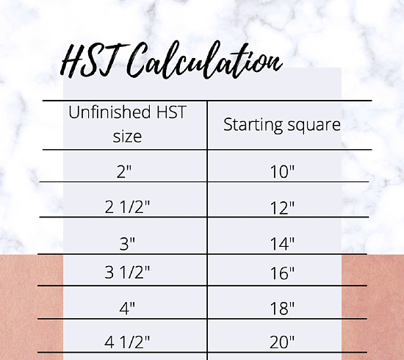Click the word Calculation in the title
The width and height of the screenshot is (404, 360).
(205, 60)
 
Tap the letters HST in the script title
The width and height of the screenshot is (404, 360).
(94, 60)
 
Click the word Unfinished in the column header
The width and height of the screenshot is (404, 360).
(109, 112)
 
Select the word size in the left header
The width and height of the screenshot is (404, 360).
(127, 137)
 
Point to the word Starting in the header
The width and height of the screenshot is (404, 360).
(253, 126)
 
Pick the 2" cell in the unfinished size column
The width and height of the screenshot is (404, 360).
(124, 172)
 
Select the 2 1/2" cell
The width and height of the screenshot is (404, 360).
(127, 206)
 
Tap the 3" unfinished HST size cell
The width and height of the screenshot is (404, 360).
(127, 243)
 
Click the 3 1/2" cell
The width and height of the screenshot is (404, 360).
(127, 272)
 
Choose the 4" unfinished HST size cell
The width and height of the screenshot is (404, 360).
(127, 308)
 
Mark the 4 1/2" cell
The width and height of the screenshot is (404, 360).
(127, 342)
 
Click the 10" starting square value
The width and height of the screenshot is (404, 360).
(282, 172)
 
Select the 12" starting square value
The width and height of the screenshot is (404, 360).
(282, 208)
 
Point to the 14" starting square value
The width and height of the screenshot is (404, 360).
(282, 244)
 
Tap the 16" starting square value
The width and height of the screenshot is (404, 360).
(282, 273)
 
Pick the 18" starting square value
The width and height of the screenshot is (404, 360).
(282, 308)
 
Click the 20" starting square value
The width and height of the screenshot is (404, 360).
(282, 342)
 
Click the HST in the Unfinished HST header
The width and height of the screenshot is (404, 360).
(171, 112)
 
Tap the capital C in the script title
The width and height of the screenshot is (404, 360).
(136, 60)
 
